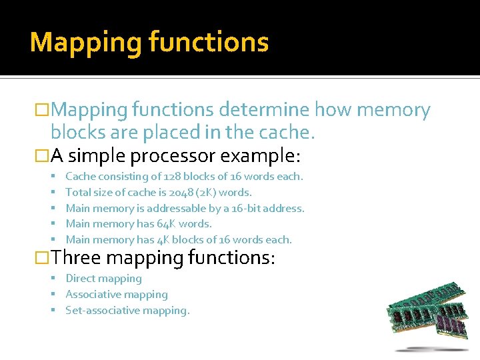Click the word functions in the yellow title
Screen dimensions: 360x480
pyautogui.click(x=209, y=42)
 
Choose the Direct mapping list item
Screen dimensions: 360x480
pyautogui.click(x=103, y=279)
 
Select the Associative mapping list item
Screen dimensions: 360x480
pyautogui.click(x=116, y=295)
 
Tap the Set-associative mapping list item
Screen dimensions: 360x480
pyautogui.click(x=127, y=311)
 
